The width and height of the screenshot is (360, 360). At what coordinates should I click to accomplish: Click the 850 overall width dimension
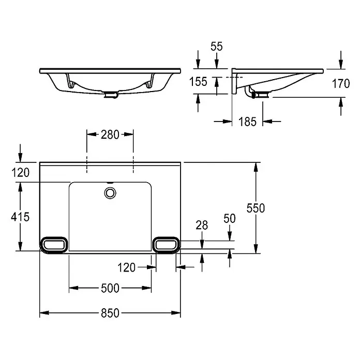pyautogui.click(x=110, y=313)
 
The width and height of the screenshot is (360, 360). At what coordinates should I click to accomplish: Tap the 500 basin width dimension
pyautogui.click(x=110, y=288)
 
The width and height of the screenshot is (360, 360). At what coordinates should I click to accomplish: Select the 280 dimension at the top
pyautogui.click(x=110, y=134)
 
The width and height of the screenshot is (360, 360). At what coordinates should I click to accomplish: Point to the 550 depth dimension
pyautogui.click(x=256, y=208)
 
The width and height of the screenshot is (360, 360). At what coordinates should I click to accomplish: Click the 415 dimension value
pyautogui.click(x=20, y=217)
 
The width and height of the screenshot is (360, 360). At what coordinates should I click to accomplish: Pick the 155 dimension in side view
pyautogui.click(x=199, y=82)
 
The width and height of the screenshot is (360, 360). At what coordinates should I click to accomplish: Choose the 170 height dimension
pyautogui.click(x=341, y=83)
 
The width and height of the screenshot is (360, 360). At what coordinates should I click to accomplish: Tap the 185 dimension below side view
pyautogui.click(x=247, y=122)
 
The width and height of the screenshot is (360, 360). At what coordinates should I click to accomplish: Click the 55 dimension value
pyautogui.click(x=217, y=47)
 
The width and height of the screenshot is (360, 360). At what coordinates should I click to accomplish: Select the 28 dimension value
pyautogui.click(x=202, y=225)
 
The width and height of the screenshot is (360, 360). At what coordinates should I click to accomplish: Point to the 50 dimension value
pyautogui.click(x=230, y=218)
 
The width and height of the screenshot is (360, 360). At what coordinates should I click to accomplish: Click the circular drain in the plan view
pyautogui.click(x=110, y=193)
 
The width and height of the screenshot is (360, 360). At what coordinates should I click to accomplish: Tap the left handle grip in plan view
pyautogui.click(x=54, y=245)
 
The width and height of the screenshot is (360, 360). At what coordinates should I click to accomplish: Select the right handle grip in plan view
pyautogui.click(x=166, y=245)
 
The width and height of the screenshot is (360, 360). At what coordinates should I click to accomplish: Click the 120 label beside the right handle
pyautogui.click(x=127, y=267)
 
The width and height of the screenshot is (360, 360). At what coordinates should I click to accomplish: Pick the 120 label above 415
pyautogui.click(x=21, y=172)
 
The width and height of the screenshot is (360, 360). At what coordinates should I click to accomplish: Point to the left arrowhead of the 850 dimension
pyautogui.click(x=44, y=313)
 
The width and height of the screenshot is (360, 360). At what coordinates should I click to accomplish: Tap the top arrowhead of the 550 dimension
pyautogui.click(x=256, y=167)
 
